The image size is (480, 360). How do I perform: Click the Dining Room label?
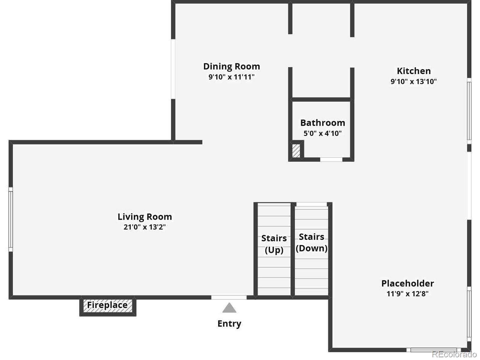coord(231,66)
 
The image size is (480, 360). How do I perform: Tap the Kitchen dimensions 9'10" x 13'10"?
coord(413,81)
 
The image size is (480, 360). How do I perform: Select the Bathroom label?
coord(322,123)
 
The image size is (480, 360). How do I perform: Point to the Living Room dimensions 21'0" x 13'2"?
coord(145,227)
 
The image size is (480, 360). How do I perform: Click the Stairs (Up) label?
coord(274,244)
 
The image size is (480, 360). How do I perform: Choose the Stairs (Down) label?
coord(311,242)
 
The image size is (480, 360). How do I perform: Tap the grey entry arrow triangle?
coord(229,308)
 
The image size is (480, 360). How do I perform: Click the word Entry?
coord(229,323)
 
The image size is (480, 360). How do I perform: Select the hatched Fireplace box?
coord(107,306)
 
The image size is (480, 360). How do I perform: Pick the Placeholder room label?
coord(407,283)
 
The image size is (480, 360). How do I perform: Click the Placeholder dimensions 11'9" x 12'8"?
coord(407,294)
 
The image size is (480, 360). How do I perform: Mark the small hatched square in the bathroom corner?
coord(296,151)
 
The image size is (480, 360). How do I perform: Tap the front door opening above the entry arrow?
coord(229,297)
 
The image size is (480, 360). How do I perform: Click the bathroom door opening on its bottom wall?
coord(331,160)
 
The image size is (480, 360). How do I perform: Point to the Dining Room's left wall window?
coord(173,69)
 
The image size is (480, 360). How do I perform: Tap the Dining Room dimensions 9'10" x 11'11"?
coord(231,77)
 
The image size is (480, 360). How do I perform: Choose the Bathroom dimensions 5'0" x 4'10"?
coord(322,133)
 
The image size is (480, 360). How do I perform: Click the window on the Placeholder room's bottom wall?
coord(433,350)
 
